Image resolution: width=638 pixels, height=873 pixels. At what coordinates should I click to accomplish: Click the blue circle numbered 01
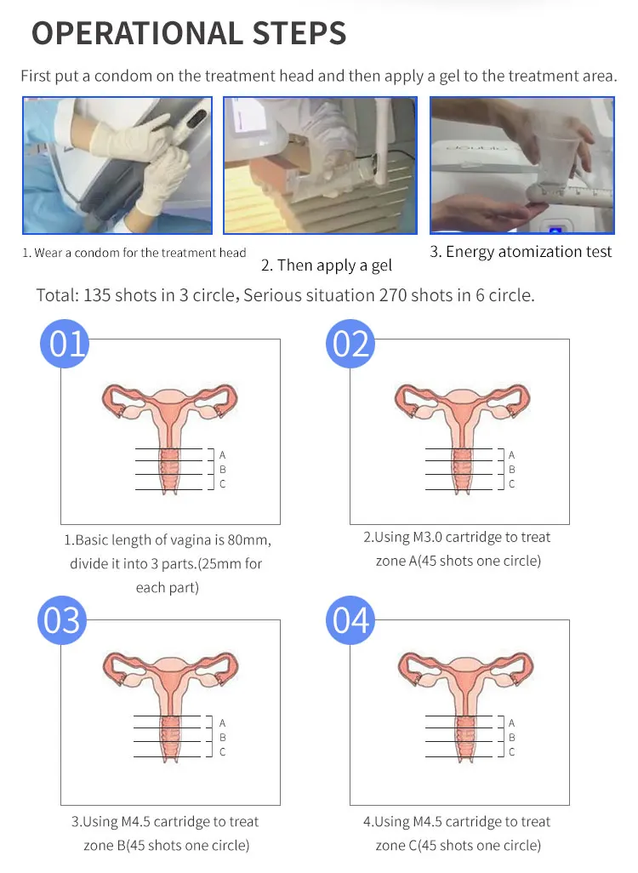point(65,344)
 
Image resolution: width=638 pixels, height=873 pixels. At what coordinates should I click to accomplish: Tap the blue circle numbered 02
point(350,344)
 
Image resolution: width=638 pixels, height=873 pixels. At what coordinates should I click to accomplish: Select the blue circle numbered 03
point(62,620)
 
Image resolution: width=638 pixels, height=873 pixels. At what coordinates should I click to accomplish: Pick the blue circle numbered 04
point(350,620)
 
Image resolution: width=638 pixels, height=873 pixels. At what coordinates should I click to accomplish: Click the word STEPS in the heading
point(299,33)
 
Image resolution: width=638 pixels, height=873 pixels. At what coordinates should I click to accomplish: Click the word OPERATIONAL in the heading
point(138,33)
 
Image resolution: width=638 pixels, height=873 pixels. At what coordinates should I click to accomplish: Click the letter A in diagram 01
point(223,455)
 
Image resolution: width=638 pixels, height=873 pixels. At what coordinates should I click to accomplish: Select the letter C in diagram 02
point(511,484)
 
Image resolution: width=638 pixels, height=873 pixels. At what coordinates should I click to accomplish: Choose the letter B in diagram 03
point(223,737)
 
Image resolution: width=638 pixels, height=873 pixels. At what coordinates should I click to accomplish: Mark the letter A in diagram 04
point(511,722)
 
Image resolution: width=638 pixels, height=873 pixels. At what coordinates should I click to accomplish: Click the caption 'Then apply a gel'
point(334,265)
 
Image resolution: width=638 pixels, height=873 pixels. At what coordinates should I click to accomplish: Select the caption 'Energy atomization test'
point(529,252)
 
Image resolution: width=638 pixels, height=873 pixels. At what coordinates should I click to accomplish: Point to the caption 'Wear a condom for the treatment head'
point(140,253)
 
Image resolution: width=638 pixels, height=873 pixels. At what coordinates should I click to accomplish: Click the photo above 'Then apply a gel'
point(320,165)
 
